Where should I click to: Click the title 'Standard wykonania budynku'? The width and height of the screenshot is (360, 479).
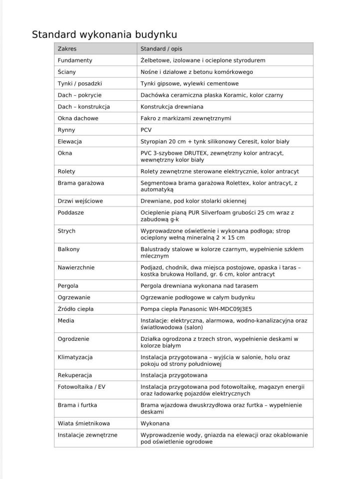pos(104,34)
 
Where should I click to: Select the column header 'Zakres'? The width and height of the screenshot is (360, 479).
pos(67,49)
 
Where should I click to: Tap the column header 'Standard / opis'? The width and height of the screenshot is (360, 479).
pos(161,49)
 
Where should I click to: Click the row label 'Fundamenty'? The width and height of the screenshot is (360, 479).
pos(75,60)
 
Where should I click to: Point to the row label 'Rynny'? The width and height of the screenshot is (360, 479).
pos(66,130)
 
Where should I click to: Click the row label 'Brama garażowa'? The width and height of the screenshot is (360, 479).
pos(81,183)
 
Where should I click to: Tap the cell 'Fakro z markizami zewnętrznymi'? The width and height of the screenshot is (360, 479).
pos(186,118)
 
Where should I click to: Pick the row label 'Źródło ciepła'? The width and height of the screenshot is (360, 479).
pos(76,309)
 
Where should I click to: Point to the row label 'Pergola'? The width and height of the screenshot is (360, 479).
pos(69,285)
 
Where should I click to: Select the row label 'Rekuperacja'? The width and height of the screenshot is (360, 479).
pos(75,375)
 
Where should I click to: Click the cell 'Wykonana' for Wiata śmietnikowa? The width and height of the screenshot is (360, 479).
pos(155,423)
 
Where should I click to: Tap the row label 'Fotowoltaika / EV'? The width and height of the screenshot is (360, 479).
pos(81,387)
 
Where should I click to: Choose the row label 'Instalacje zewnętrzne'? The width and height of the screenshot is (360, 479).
pos(87,435)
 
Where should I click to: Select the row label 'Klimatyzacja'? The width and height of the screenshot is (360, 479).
pos(75,357)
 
